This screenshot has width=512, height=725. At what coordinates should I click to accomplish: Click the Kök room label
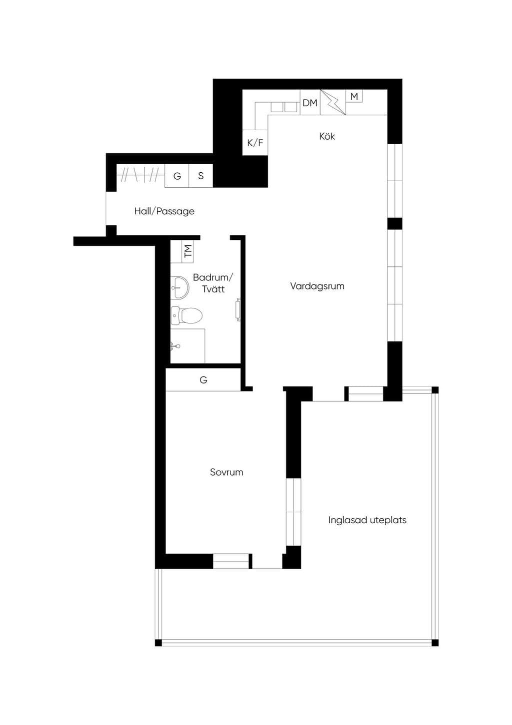pos(327,136)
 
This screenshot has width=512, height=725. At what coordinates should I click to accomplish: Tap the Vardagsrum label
pos(317,286)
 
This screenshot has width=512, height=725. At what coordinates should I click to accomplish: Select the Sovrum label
pos(226,472)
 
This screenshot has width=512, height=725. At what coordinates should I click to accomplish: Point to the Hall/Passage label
pos(164,211)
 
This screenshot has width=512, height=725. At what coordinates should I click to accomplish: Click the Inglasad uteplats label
pos(367,520)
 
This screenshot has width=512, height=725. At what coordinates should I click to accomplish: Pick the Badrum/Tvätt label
pos(213,283)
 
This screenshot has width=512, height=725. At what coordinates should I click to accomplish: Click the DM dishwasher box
pos(310,102)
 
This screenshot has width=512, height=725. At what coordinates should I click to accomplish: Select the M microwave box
pos(354,96)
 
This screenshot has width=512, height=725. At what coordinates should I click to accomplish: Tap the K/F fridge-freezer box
pos(255,143)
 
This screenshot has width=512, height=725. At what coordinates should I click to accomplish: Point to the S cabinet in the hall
pos(200,176)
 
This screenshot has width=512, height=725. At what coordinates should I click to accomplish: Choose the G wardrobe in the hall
pos(177,176)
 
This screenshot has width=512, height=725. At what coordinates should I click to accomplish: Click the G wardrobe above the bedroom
pos(203,380)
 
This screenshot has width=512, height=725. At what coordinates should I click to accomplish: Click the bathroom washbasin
pos(179,287)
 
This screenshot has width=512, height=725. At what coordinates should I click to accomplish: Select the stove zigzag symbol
pos(333,102)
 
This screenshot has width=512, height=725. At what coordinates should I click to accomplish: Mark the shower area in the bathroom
pos(188,345)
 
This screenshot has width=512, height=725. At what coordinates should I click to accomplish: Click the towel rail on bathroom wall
pos(238,309)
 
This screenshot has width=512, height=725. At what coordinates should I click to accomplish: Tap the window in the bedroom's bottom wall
pos(231,561)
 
